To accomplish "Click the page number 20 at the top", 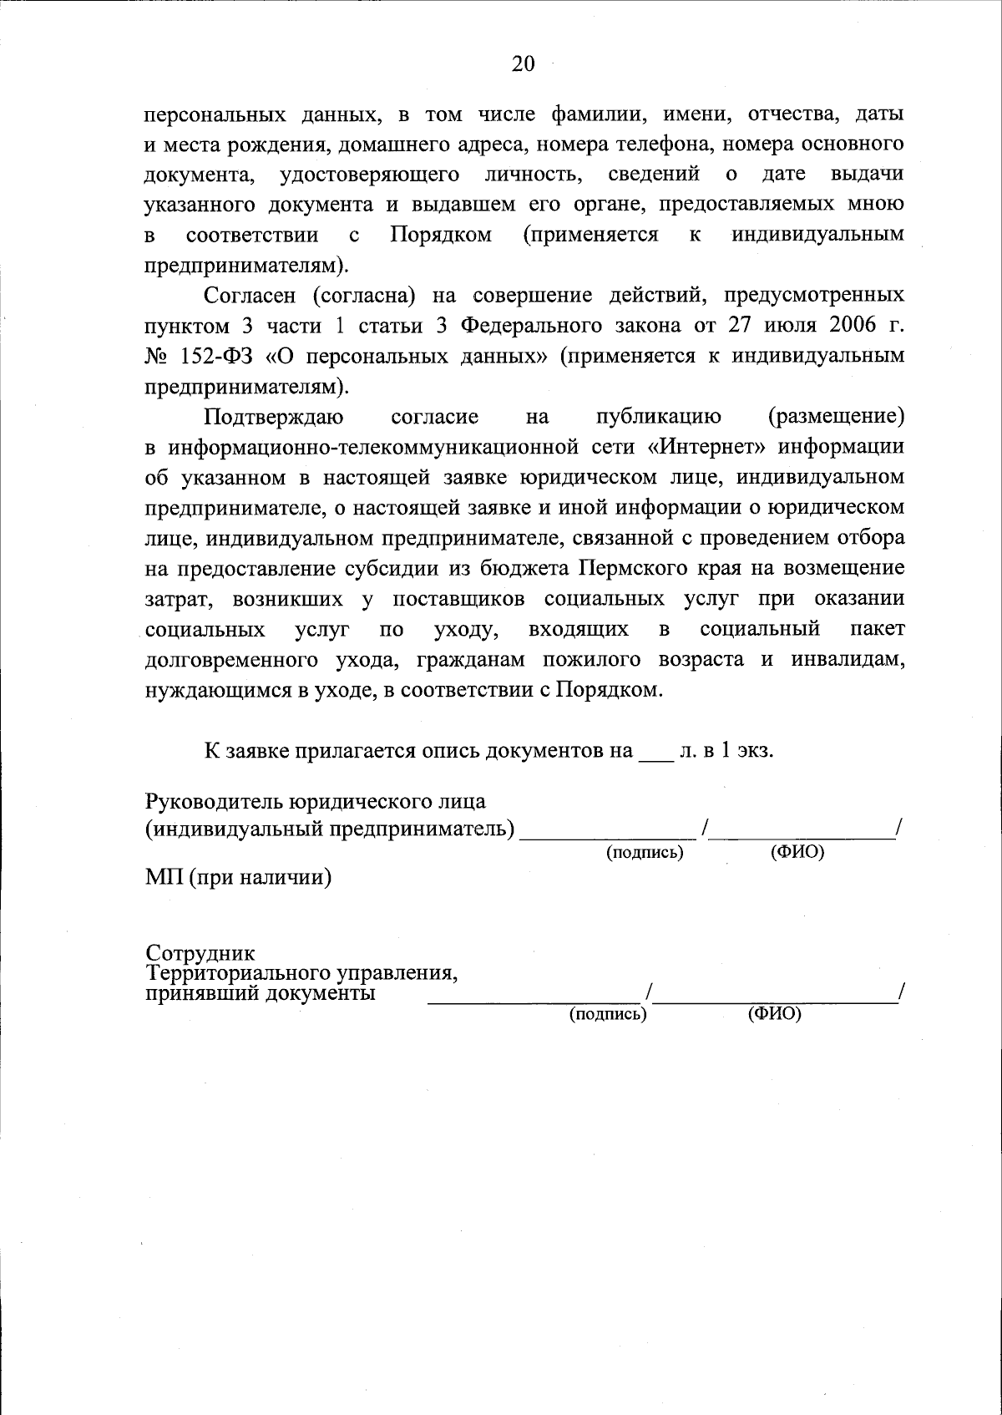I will point(523,65).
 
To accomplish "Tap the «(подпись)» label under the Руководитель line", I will point(645,853).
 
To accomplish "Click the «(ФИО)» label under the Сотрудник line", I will point(775,1014).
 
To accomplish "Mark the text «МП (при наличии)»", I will point(238,878).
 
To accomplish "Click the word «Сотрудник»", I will point(201,953).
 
